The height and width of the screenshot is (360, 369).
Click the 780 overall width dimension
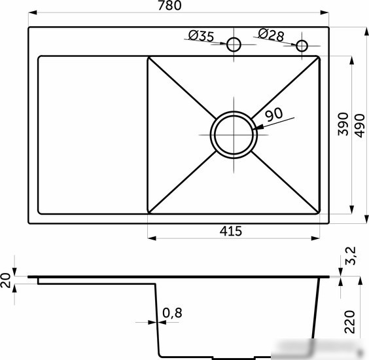tap(169, 5)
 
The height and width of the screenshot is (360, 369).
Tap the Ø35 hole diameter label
tap(202, 36)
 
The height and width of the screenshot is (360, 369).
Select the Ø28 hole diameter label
tap(271, 35)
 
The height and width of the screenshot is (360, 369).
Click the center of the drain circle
tap(234, 135)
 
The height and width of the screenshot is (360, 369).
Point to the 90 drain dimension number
tap(273, 114)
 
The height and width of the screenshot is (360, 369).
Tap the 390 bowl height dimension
tap(343, 124)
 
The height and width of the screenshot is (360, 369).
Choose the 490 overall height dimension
tap(360, 126)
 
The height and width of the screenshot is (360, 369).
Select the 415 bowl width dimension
tap(231, 231)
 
